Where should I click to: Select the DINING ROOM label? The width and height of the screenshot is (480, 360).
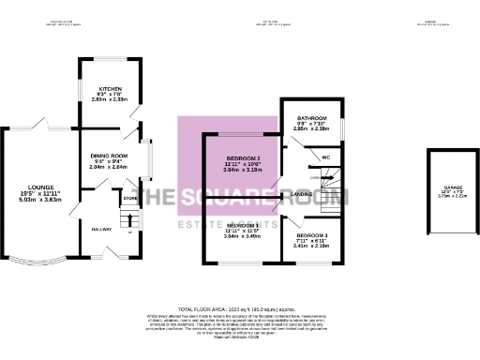[108, 156]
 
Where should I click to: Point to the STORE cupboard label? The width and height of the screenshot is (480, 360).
[130, 199]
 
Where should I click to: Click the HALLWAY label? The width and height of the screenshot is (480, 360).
[101, 229]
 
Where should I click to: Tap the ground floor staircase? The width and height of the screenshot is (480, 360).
[129, 220]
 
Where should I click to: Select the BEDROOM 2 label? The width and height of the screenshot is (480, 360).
[242, 158]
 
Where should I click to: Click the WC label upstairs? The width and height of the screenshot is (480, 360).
[325, 157]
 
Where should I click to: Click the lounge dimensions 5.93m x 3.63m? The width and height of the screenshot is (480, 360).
[40, 199]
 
